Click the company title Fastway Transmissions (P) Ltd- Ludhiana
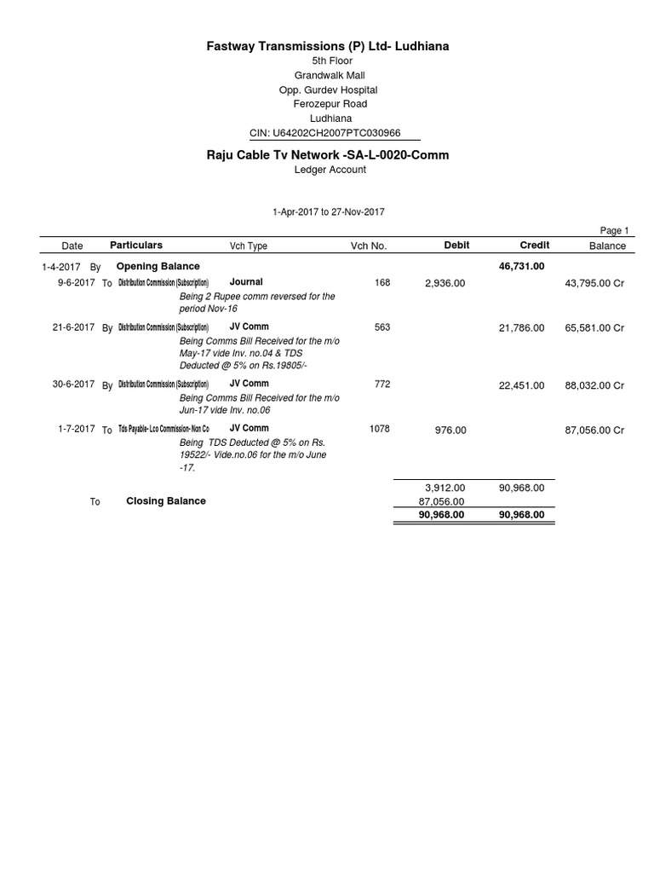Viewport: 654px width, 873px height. [328, 46]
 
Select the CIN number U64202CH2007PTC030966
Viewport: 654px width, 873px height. [335, 134]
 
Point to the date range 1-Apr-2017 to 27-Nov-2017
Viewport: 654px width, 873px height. [328, 211]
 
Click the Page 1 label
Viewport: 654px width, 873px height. [614, 230]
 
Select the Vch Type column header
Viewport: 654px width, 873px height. [249, 246]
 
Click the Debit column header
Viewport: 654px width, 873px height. [456, 246]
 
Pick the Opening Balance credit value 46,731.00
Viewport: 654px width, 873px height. [521, 267]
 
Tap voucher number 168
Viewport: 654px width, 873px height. [382, 282]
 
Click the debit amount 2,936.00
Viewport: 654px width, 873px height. [445, 283]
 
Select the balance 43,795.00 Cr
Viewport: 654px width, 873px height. [594, 283]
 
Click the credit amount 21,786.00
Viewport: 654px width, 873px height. [521, 328]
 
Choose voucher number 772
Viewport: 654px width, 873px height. [382, 384]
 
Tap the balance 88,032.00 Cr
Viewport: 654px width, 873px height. [594, 385]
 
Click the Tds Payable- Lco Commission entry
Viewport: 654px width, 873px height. [163, 430]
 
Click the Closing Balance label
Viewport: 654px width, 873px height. [166, 501]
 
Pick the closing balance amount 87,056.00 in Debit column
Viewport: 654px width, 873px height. [441, 502]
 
